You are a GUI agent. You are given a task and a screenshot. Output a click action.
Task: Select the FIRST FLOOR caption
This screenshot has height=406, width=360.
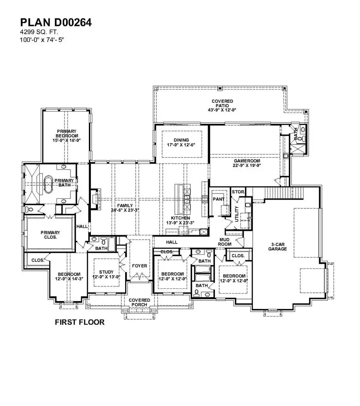(80, 322)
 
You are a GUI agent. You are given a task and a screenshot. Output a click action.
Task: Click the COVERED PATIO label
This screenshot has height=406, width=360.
(222, 105)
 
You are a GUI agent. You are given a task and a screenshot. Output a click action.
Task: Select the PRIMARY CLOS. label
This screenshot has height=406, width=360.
(50, 234)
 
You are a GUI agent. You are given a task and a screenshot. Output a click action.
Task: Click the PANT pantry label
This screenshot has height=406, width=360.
(218, 199)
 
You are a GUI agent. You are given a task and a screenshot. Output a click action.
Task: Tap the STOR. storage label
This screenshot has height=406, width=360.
(238, 192)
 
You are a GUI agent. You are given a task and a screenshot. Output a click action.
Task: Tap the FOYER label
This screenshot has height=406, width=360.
(139, 266)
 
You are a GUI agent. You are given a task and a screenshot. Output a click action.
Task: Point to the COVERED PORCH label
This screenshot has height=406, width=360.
(139, 302)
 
